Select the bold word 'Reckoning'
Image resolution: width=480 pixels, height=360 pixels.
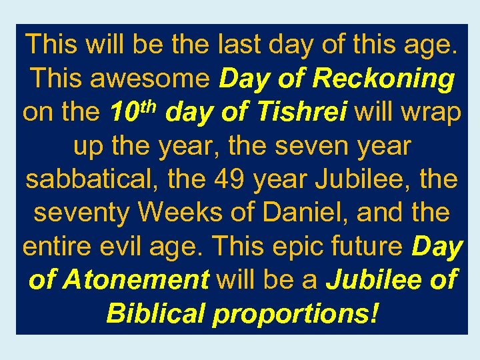click(383, 79)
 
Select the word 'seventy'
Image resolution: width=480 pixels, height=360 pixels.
click(81, 213)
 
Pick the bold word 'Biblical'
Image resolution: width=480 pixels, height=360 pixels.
click(155, 313)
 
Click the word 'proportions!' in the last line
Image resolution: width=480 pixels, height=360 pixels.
click(295, 313)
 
